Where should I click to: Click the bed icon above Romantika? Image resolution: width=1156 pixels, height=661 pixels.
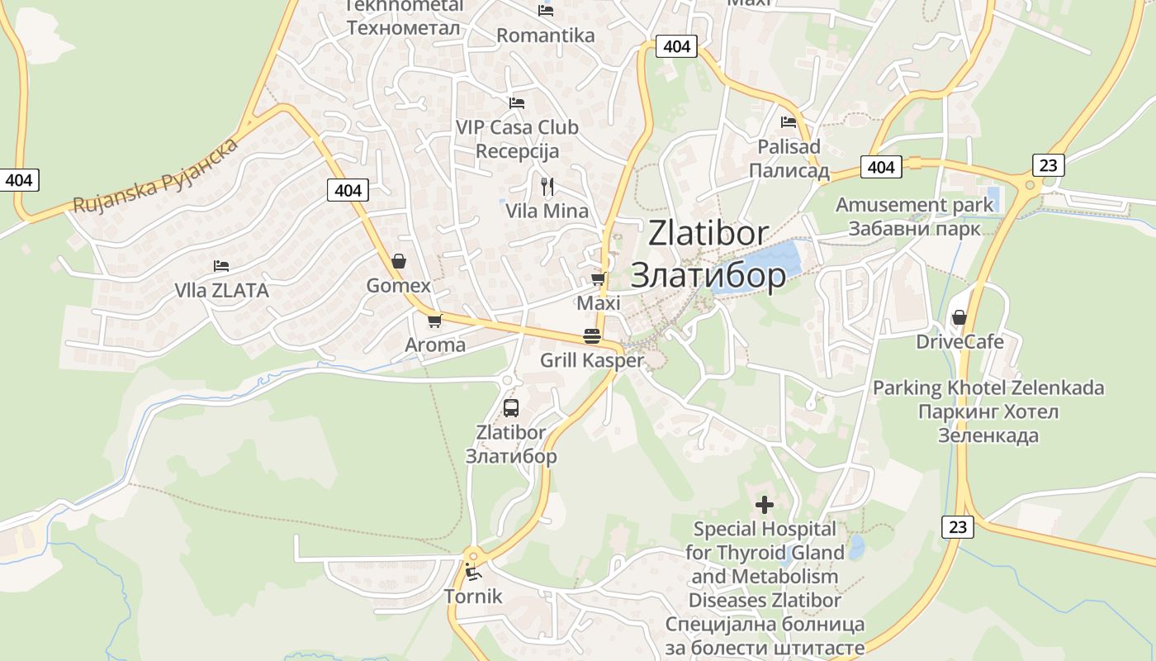point(546,11)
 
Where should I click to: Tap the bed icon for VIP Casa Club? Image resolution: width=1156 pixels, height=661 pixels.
point(517,103)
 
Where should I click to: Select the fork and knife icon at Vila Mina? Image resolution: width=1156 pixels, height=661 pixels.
point(547,186)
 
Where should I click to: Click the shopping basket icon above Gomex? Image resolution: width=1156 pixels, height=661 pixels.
point(399,261)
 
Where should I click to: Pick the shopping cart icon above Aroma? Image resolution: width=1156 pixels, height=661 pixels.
point(434,321)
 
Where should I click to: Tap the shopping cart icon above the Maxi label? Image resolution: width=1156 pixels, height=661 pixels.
point(599,279)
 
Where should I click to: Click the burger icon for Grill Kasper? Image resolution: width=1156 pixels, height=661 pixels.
point(592,336)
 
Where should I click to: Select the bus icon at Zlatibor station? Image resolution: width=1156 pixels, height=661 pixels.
point(511,407)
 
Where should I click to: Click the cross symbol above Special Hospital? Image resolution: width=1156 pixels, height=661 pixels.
point(765,504)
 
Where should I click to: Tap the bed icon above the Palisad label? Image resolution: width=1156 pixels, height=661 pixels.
point(789,122)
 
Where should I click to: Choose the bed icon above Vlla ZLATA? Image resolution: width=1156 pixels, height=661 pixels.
point(221,266)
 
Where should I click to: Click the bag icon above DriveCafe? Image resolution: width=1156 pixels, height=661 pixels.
point(959,317)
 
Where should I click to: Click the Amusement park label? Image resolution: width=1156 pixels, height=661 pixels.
point(915,205)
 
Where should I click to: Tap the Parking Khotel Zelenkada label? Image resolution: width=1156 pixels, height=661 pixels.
point(988,388)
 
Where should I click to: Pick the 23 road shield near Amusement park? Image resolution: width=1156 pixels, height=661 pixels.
point(1048,164)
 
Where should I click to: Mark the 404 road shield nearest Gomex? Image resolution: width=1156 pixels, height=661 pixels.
point(348,190)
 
